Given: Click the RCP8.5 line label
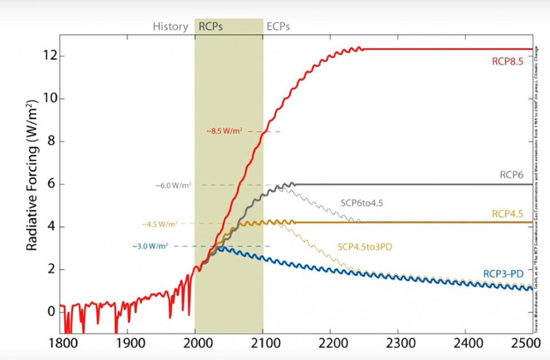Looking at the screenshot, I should (507, 62).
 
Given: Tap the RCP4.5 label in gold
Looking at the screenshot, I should (507, 213).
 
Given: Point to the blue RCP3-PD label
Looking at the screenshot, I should (504, 274).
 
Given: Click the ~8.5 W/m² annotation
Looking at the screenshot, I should (225, 131).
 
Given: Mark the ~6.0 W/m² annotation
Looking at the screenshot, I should (174, 185).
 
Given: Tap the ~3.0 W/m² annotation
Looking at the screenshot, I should (150, 246).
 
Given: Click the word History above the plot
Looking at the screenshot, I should (170, 26).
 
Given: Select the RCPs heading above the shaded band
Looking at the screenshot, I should (211, 26).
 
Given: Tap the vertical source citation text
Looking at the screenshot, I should (537, 189).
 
